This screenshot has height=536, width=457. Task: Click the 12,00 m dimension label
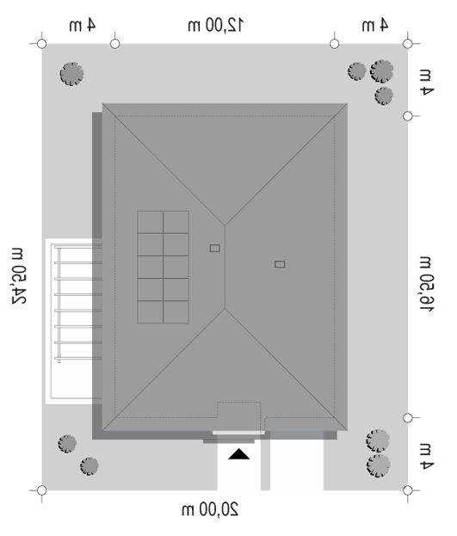coord(215,25)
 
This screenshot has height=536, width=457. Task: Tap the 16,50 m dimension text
coord(427,283)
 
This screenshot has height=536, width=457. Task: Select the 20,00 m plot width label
coord(210,509)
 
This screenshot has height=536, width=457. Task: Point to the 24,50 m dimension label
coord(18,276)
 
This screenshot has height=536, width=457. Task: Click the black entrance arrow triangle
coord(238,454)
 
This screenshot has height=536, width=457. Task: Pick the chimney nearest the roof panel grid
coord(215,248)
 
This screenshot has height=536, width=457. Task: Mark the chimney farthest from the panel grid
coord(280,264)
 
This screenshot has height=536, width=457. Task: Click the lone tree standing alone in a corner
coord(71,74)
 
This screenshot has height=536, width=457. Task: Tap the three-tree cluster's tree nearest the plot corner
coord(382,71)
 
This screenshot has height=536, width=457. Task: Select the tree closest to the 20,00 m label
coord(90,466)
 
